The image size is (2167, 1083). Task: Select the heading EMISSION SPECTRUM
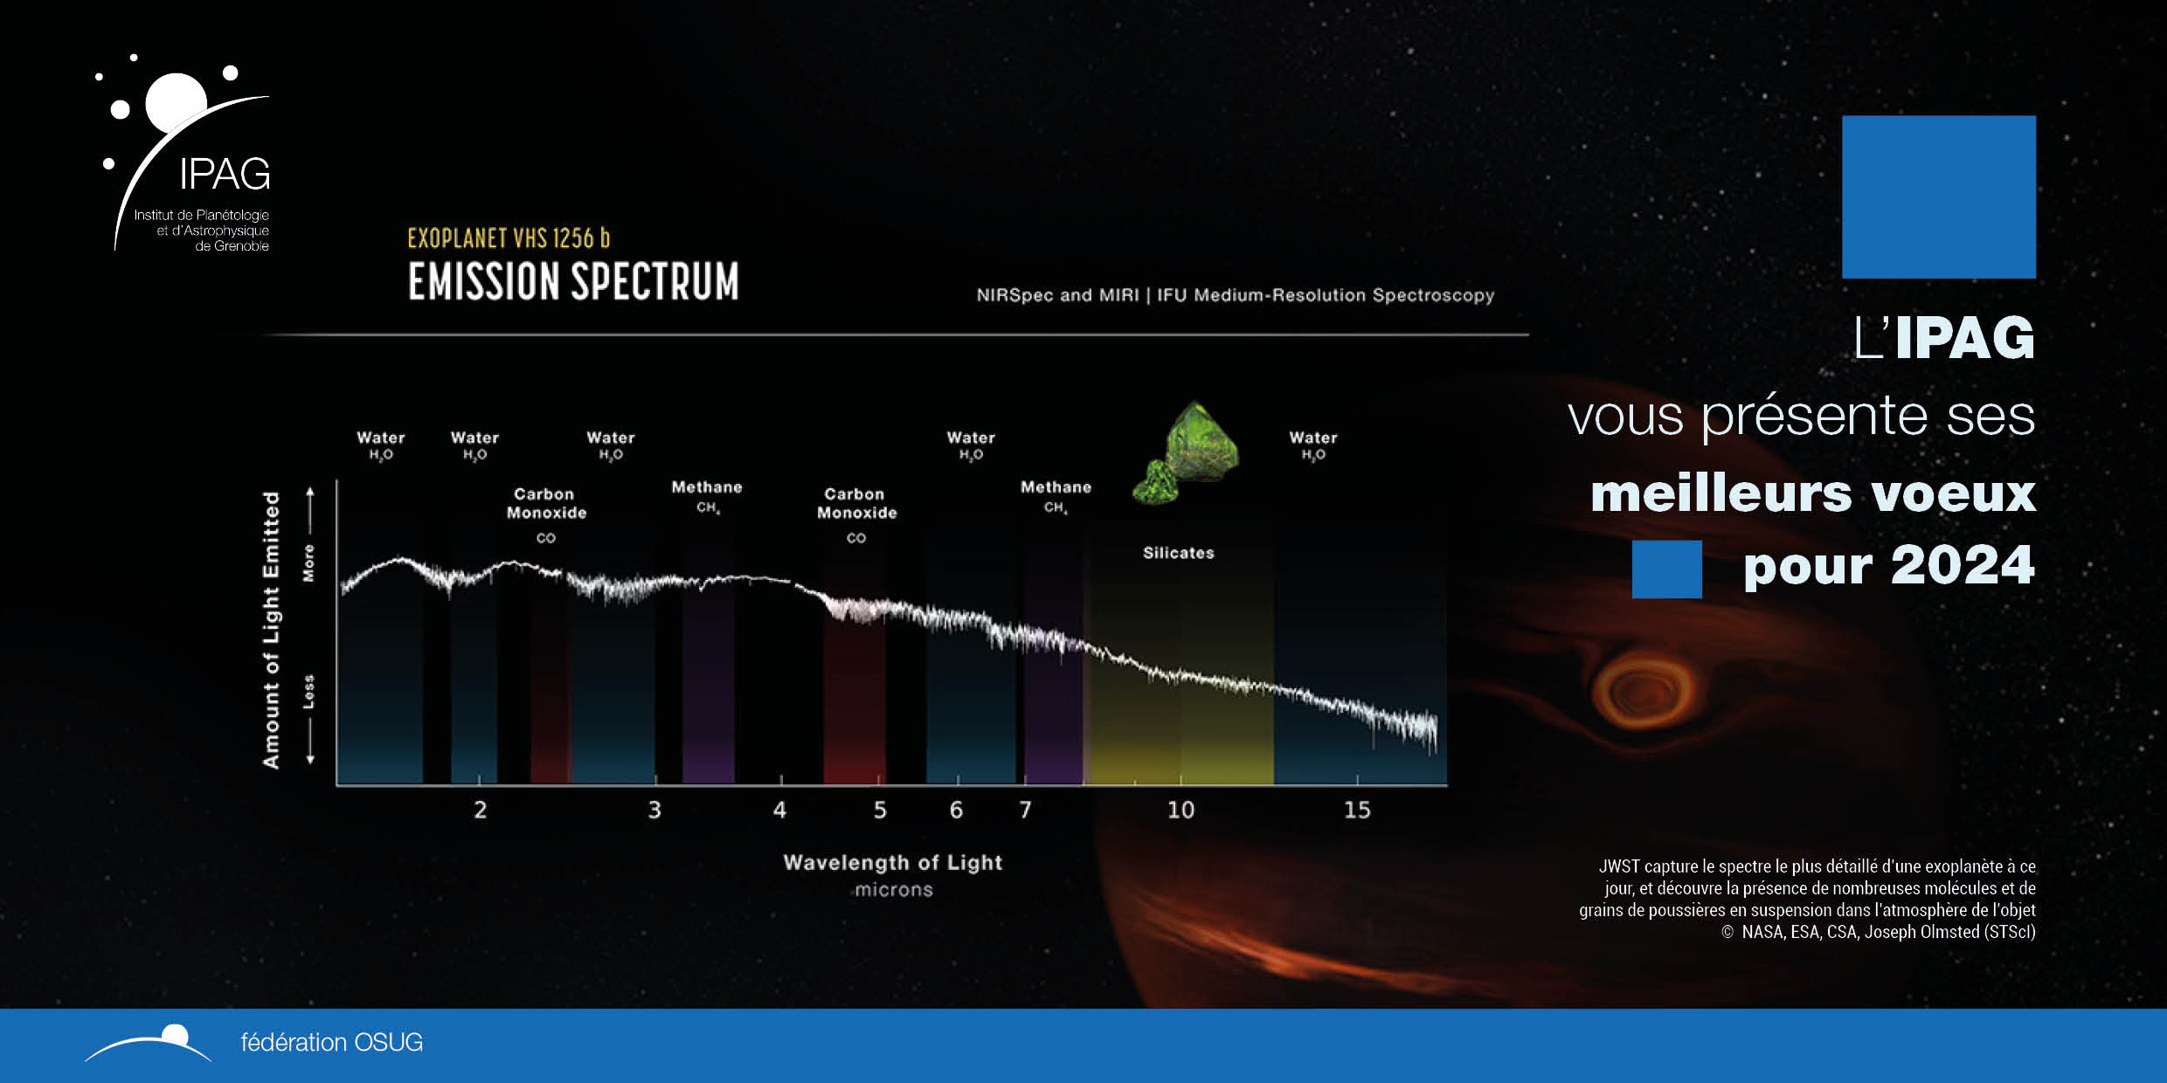pyautogui.click(x=573, y=282)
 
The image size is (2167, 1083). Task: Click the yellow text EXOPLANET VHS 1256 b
pyautogui.click(x=509, y=238)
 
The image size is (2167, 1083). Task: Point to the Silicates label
pyautogui.click(x=1179, y=553)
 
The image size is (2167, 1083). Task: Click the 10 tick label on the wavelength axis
pyautogui.click(x=1180, y=810)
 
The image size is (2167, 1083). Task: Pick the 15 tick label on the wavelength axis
pyautogui.click(x=1357, y=810)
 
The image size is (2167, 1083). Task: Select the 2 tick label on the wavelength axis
pyautogui.click(x=481, y=810)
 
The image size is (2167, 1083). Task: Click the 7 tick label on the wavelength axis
pyautogui.click(x=1026, y=810)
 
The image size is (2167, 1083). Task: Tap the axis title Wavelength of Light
pyautogui.click(x=892, y=862)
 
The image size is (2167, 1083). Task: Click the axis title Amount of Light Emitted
pyautogui.click(x=272, y=630)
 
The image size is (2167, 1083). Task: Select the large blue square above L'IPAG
pyautogui.click(x=1938, y=197)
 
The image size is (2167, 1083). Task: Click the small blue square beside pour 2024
pyautogui.click(x=1666, y=569)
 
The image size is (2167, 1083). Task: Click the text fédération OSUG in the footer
pyautogui.click(x=331, y=1042)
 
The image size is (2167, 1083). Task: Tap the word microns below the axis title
pyautogui.click(x=894, y=890)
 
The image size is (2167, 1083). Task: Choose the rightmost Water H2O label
pyautogui.click(x=1313, y=444)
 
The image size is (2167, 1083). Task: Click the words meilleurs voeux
pyautogui.click(x=1812, y=493)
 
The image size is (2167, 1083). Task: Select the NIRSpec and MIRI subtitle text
pyautogui.click(x=1235, y=295)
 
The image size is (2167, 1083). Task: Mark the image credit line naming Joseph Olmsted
pyautogui.click(x=1879, y=932)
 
